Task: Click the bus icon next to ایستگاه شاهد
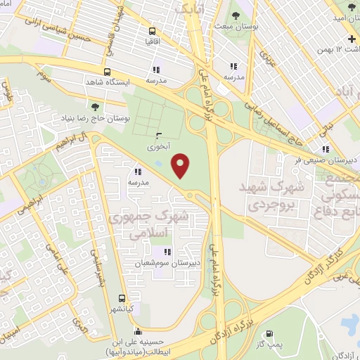point(107,72)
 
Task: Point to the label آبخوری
point(158,148)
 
